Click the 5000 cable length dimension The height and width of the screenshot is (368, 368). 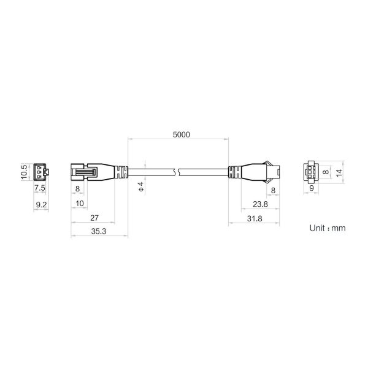coord(181,135)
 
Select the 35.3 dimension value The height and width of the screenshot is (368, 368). coord(99,231)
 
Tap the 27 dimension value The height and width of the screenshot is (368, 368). coord(94,218)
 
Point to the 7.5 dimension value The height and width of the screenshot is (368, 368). coord(40,188)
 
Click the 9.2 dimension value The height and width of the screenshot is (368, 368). coord(41,205)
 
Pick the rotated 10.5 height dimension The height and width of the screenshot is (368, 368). coord(25,172)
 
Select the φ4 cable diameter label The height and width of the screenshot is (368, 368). coord(141,186)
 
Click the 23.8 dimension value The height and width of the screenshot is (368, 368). coord(260,204)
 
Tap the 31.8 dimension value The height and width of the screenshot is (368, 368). coord(255,219)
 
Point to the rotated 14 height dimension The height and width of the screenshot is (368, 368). coord(339,173)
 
